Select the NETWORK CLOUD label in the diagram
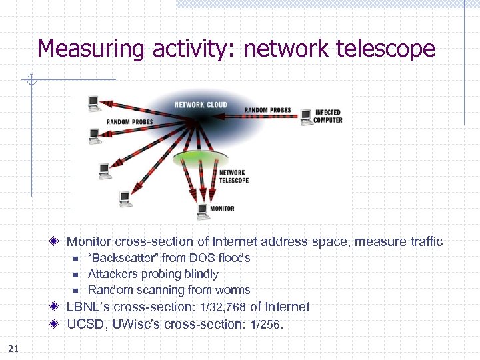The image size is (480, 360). [201, 105]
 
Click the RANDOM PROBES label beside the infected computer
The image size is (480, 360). [268, 110]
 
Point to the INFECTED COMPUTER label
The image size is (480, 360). [328, 116]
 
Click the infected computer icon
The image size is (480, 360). [306, 117]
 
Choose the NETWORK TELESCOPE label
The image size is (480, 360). [234, 177]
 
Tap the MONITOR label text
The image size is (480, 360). [222, 209]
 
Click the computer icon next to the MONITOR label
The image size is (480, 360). [203, 211]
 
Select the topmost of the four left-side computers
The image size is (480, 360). [93, 103]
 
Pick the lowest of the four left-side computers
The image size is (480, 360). [125, 198]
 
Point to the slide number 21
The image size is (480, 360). [13, 347]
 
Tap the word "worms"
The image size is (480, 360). [233, 290]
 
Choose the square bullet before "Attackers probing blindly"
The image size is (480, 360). [75, 275]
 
